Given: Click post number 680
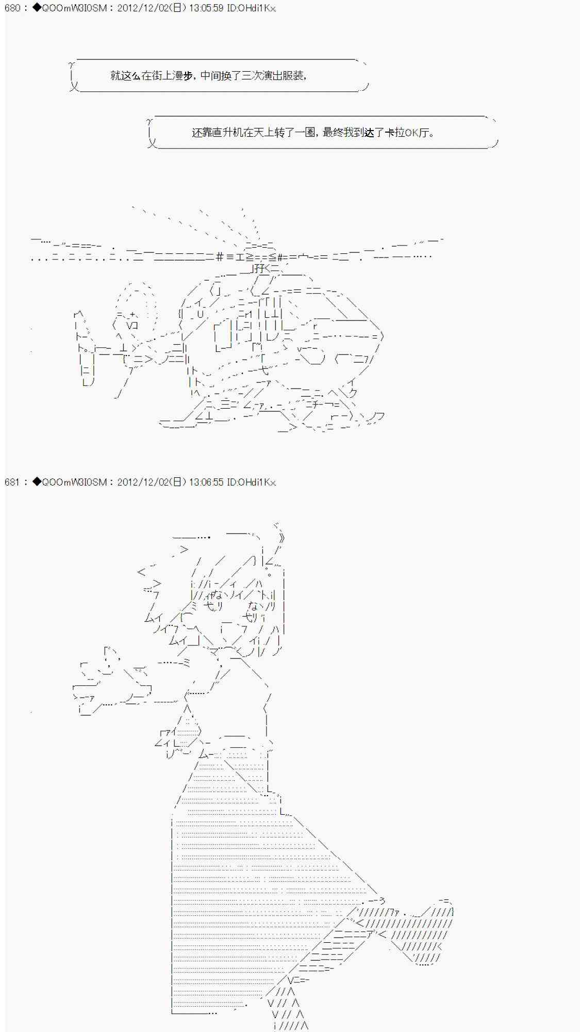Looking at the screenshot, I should click(12, 8).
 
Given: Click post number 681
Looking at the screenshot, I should click(12, 482).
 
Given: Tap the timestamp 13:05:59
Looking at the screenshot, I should click(206, 8).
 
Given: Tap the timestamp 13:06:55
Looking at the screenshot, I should click(206, 482).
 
